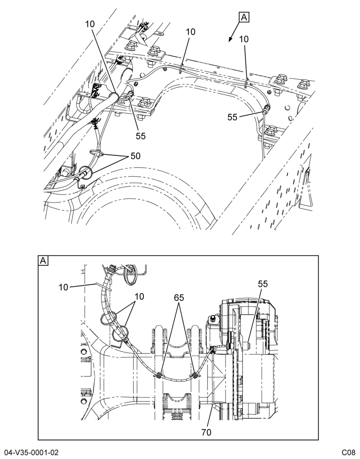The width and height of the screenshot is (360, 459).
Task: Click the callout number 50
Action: (x=135, y=156)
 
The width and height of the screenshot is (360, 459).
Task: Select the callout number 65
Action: (x=179, y=298)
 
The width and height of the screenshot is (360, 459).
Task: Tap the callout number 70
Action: (x=207, y=432)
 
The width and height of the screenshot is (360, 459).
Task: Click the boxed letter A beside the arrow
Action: (x=244, y=17)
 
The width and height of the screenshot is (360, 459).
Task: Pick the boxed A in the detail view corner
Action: (x=43, y=261)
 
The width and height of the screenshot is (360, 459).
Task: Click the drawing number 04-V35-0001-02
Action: (x=29, y=453)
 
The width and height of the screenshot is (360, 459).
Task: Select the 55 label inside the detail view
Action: (x=263, y=284)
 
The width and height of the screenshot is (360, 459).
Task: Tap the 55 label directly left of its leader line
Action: (x=232, y=117)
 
